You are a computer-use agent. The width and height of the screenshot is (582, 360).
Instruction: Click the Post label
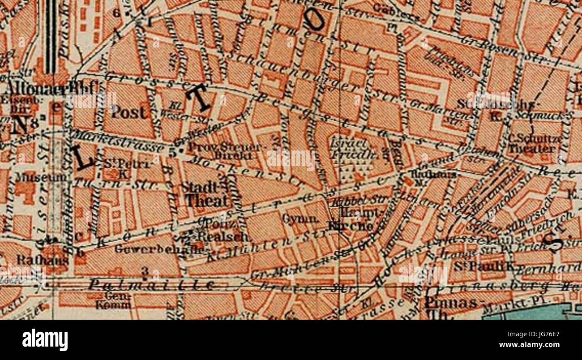[128, 112]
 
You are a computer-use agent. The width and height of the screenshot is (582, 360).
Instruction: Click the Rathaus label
[42, 259]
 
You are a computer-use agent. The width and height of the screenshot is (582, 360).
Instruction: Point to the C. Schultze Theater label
[535, 143]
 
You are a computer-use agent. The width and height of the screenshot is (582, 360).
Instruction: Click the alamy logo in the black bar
[45, 339]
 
